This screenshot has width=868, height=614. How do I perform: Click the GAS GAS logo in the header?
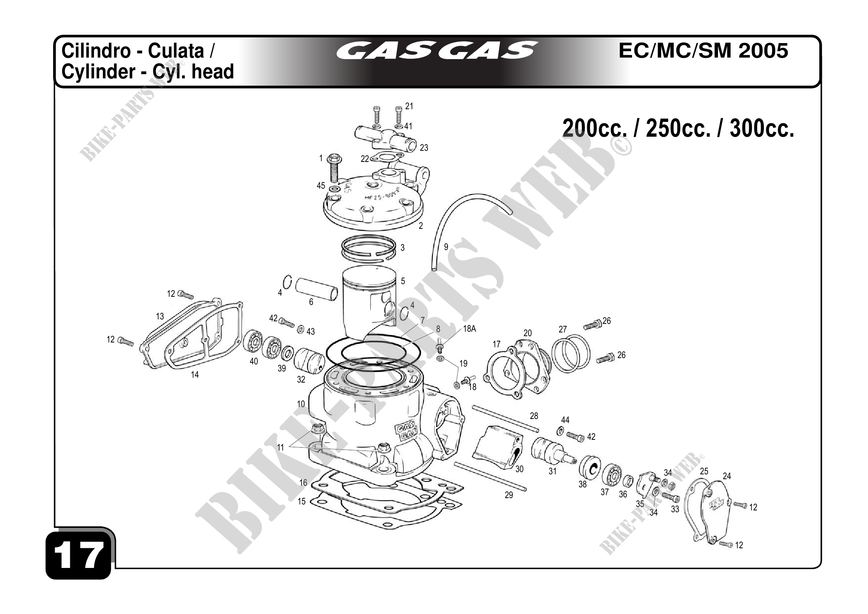coord(437,51)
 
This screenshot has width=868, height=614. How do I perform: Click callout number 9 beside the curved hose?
coord(446,247)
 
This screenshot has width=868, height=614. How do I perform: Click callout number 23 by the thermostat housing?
coord(424,148)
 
